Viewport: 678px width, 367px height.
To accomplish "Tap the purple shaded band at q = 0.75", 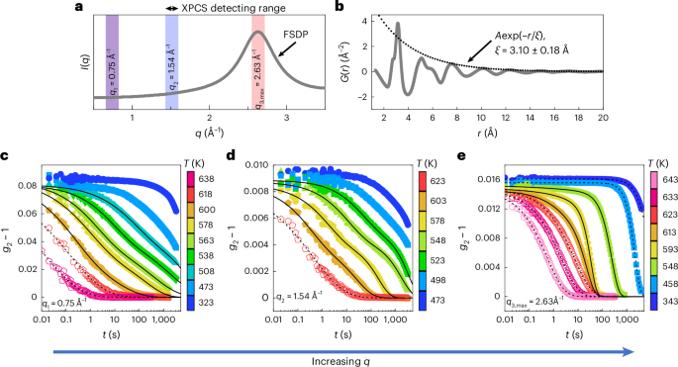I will pos(112,59).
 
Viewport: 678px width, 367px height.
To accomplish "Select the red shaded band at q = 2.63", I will pos(257,59).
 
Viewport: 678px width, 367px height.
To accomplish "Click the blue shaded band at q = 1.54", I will pos(171,59).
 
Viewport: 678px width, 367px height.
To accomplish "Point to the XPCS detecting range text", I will pos(220,7).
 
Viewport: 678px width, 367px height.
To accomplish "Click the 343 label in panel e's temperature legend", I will pos(658,296).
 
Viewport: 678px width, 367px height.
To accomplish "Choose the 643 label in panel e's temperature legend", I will pos(658,152).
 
